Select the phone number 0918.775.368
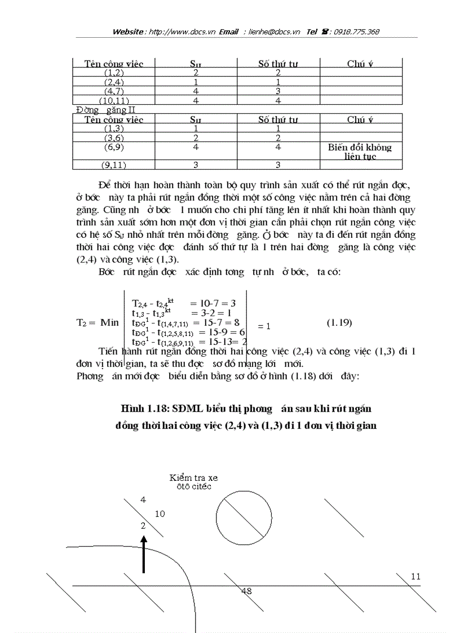(x=356, y=32)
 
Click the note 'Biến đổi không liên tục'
(x=360, y=152)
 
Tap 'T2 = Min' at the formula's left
(x=98, y=322)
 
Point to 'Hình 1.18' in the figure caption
(x=141, y=408)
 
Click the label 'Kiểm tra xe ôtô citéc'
(x=193, y=482)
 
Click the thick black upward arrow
(x=144, y=554)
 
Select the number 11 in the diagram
(x=416, y=577)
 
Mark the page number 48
(x=246, y=591)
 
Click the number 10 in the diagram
(x=160, y=514)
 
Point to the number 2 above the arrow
(x=143, y=525)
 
